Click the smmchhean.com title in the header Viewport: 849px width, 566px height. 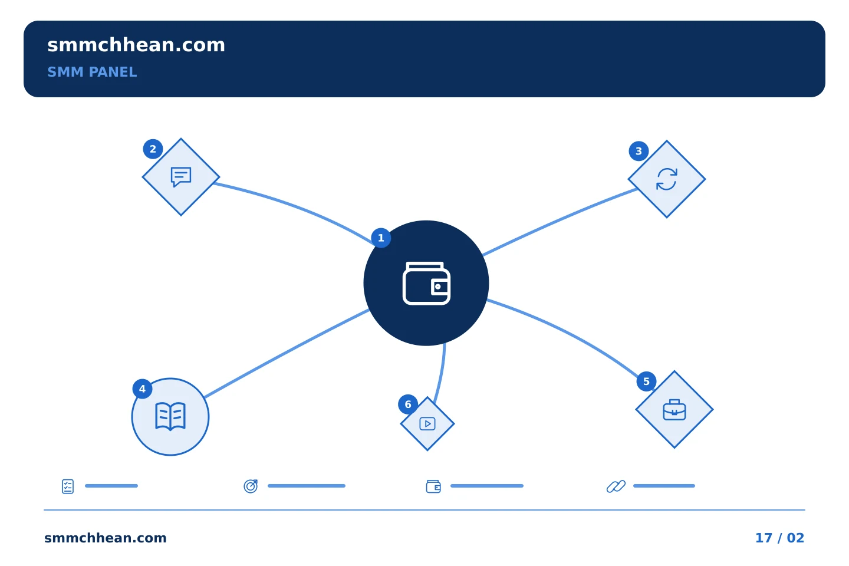click(x=136, y=45)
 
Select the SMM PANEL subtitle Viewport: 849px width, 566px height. click(x=92, y=72)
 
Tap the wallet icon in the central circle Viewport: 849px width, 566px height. click(x=426, y=283)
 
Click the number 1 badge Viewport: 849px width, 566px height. click(x=381, y=238)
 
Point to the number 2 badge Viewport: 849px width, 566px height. click(x=153, y=149)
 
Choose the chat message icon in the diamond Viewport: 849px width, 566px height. click(x=181, y=177)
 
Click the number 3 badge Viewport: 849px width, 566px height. click(x=639, y=152)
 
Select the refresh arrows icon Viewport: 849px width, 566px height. click(x=667, y=179)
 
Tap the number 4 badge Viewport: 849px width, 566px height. click(x=142, y=389)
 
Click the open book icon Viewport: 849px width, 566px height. click(x=170, y=417)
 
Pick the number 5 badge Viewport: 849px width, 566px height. click(x=646, y=381)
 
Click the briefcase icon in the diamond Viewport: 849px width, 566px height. click(x=674, y=410)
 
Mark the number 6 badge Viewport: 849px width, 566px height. click(x=408, y=404)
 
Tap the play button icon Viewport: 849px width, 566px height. click(x=427, y=423)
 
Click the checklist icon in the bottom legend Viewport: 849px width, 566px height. click(x=68, y=486)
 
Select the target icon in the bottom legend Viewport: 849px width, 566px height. click(x=251, y=486)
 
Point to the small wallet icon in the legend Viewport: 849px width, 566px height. click(x=433, y=486)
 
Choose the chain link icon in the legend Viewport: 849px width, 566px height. click(x=616, y=486)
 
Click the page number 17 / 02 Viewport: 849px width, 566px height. click(x=779, y=538)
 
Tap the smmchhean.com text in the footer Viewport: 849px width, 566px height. click(x=106, y=538)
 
